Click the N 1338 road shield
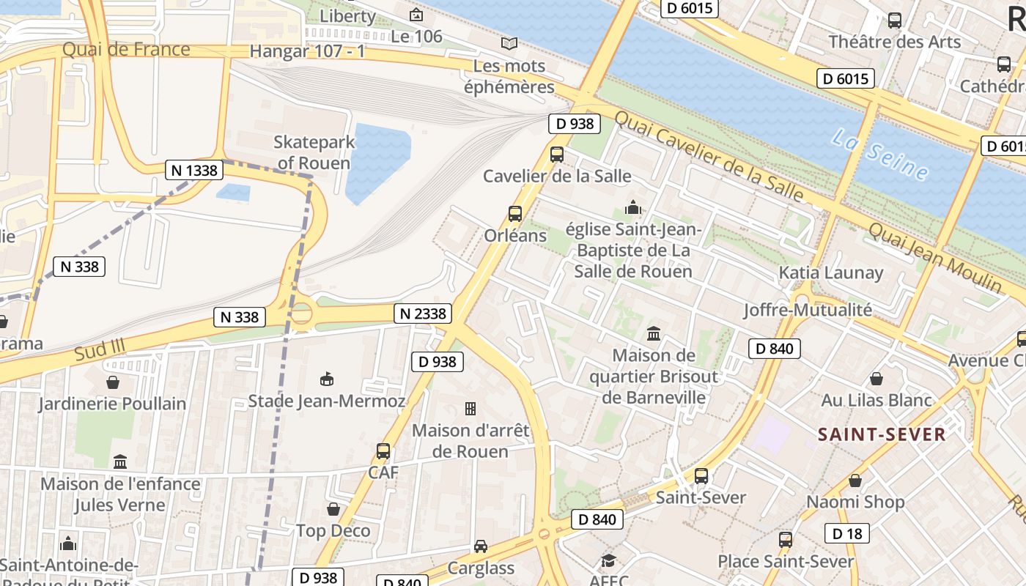point(194,170)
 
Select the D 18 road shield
point(847,533)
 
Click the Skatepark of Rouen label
point(314,152)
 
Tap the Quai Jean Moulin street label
point(934,256)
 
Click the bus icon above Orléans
point(515,214)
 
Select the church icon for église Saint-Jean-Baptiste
point(632,207)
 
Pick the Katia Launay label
point(830,272)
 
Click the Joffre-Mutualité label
point(808,310)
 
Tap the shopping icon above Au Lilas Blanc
point(876,379)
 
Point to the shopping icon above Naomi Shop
point(855,481)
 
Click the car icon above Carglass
point(481,546)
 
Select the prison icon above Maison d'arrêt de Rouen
point(470,408)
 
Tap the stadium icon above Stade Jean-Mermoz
point(327,379)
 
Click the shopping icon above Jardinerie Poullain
point(113,382)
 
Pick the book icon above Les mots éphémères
point(509,43)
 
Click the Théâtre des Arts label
point(894,42)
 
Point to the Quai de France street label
point(126,50)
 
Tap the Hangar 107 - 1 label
point(307,51)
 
